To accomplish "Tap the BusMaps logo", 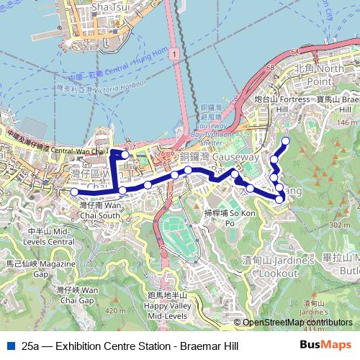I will [325, 345].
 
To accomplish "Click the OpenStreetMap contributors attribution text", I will [297, 323].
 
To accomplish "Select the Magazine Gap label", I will [35, 269].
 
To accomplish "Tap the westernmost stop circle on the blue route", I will [73, 192].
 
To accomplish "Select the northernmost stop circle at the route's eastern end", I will [286, 140].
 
